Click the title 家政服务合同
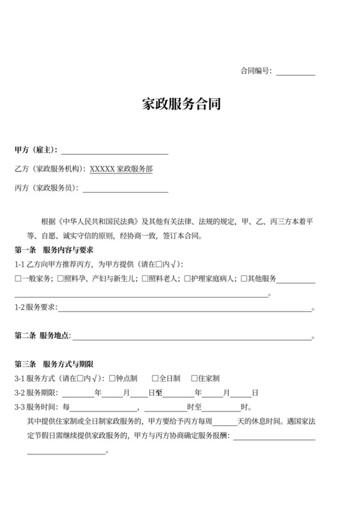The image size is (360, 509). [x=181, y=104]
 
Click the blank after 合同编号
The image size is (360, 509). [x=296, y=71]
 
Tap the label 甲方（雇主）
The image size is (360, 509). [x=36, y=150]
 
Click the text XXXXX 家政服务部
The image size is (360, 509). [x=121, y=169]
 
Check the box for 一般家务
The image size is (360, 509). [x=18, y=278]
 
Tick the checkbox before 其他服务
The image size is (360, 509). [x=243, y=278]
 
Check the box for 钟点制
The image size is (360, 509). [x=113, y=378]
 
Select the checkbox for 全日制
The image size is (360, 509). [x=155, y=378]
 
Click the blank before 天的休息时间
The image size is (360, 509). [x=224, y=422]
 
